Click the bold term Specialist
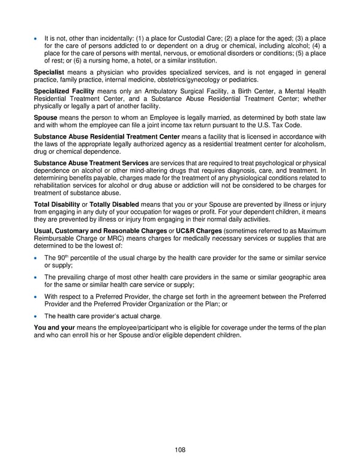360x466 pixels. [49, 72]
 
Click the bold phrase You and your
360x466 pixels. [54, 328]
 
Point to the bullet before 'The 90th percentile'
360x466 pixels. [37, 258]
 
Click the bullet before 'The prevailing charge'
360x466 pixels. [37, 277]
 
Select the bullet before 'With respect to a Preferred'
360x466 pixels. [37, 297]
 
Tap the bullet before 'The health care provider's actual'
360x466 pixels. [37, 316]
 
